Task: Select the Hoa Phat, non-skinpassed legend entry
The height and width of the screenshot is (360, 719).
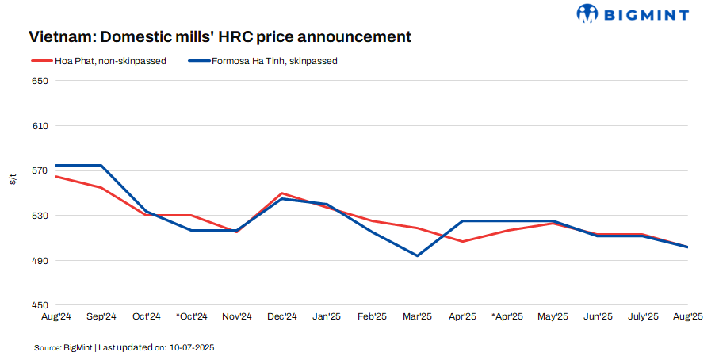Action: (98, 61)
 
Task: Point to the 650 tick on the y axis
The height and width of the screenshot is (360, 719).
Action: (40, 81)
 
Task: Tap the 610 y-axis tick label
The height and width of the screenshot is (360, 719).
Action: (40, 126)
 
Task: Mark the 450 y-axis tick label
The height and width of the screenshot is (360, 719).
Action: (40, 305)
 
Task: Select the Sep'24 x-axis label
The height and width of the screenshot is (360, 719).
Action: (101, 316)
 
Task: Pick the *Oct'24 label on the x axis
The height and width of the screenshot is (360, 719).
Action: (191, 316)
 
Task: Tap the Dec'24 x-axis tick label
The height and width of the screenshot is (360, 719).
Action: (282, 316)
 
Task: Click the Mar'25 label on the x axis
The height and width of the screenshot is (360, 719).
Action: (417, 316)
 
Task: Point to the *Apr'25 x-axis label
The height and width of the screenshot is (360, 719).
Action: (507, 316)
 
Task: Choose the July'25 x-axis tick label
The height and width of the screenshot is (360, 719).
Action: (643, 316)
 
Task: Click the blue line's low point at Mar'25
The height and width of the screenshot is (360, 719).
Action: (417, 255)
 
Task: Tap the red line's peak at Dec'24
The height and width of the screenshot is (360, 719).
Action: (282, 193)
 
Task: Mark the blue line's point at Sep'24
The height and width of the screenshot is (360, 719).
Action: (101, 165)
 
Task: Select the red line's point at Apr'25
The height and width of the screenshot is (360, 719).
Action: (462, 241)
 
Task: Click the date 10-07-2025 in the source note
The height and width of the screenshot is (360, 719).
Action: (191, 348)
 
